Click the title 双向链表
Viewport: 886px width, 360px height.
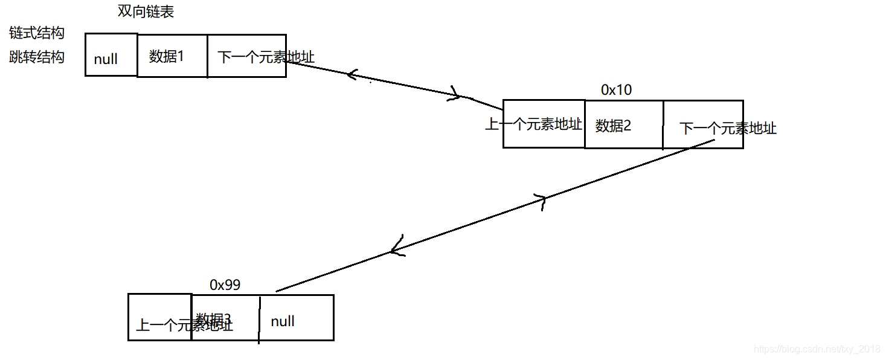point(146,11)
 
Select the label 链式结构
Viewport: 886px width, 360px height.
point(37,33)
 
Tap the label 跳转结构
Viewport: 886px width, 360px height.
point(37,57)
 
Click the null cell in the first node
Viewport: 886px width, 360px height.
point(106,59)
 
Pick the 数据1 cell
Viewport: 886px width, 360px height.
point(166,56)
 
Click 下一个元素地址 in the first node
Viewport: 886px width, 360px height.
point(266,57)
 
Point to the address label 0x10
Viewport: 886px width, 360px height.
point(616,90)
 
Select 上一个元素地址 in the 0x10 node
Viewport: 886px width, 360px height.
point(534,124)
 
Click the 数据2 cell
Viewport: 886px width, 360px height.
point(613,126)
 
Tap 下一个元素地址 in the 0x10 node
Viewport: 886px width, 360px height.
point(728,128)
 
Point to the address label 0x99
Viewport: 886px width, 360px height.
point(225,285)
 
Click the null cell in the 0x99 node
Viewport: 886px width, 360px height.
point(283,321)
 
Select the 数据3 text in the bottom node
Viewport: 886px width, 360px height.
point(213,318)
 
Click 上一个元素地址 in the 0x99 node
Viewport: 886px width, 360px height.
point(184,326)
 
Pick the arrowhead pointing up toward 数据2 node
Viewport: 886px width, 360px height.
point(541,200)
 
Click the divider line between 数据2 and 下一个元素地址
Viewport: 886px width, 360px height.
point(663,124)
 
